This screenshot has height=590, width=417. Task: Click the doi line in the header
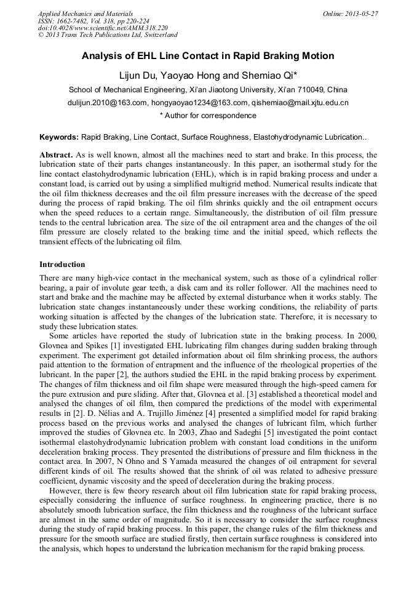tap(103, 28)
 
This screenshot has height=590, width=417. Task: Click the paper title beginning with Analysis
tap(208, 56)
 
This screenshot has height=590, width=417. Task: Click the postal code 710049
tap(314, 90)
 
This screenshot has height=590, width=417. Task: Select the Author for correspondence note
tap(208, 116)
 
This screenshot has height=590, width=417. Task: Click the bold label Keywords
tap(58, 137)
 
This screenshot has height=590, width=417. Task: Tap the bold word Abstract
tap(57, 155)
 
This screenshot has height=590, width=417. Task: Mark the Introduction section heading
tap(62, 265)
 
